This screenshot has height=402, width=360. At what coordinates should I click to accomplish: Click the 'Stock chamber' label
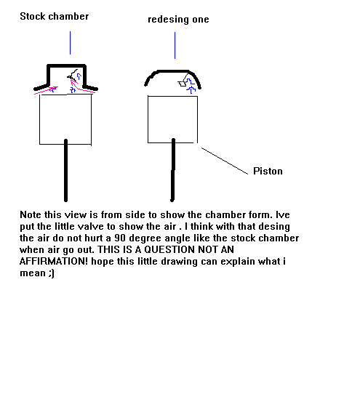(x=54, y=17)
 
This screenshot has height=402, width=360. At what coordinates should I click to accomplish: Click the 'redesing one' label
(x=178, y=20)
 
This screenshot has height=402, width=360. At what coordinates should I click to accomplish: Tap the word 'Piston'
(x=268, y=171)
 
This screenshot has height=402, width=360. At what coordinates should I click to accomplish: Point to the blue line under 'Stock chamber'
(x=70, y=43)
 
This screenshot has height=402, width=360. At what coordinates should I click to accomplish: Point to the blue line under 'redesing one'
(x=175, y=45)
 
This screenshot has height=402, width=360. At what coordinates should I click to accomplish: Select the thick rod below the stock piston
(x=66, y=170)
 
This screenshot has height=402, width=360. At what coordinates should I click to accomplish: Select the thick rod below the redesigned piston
(x=173, y=169)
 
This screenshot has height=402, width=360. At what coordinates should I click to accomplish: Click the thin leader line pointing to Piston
(x=225, y=161)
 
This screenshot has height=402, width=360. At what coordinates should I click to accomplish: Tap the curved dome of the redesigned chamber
(x=173, y=71)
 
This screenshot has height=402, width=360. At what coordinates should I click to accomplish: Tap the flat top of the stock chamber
(x=66, y=66)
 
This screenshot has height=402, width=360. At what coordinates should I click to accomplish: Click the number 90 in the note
(x=120, y=238)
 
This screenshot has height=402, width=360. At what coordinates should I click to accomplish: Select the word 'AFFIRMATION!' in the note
(x=54, y=262)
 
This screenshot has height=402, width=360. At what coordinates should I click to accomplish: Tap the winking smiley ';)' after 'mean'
(x=52, y=273)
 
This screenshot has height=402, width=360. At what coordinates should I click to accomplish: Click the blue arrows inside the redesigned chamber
(x=191, y=86)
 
